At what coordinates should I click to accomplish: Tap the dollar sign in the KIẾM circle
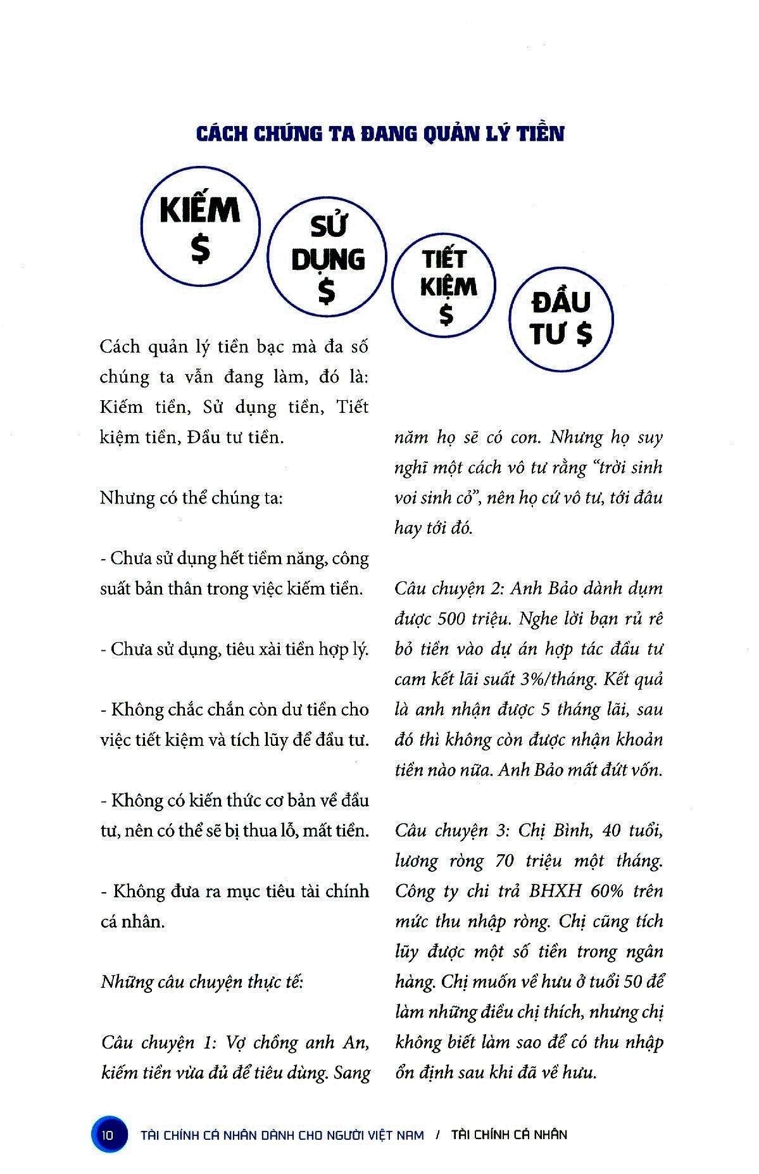point(201,250)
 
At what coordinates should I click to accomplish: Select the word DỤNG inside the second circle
point(328,259)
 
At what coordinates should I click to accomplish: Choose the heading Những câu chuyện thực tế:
point(203,982)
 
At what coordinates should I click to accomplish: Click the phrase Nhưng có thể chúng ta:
point(191,498)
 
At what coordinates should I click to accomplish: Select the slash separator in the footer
point(438,1135)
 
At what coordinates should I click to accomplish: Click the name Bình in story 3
point(571,831)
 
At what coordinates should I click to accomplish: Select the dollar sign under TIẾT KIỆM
point(447,314)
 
